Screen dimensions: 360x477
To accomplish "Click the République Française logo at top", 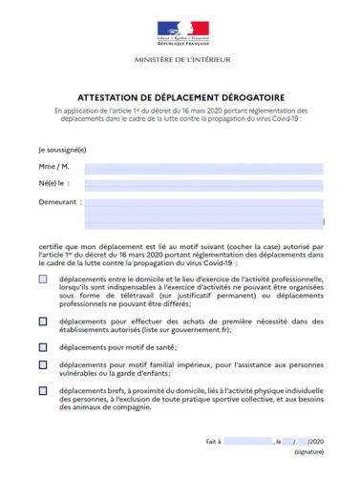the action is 180,30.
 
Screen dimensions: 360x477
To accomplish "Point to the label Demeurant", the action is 56,203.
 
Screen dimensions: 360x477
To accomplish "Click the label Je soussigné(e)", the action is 62,150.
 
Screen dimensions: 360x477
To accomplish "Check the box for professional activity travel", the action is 43,279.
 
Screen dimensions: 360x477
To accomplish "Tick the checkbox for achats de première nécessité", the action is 43,321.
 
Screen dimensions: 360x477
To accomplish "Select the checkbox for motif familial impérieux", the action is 43,365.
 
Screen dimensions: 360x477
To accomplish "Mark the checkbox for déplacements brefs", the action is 43,391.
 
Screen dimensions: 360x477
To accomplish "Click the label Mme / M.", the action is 53,169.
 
